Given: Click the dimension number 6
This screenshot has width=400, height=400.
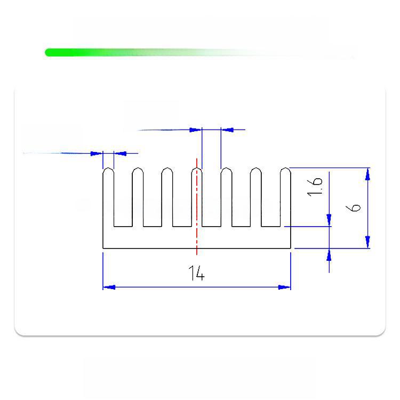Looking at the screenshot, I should click(356, 205).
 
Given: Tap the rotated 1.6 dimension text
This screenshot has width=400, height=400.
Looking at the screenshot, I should click(315, 186).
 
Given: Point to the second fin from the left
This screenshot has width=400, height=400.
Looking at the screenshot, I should click(138, 197).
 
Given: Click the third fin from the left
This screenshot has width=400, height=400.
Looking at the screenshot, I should click(167, 197).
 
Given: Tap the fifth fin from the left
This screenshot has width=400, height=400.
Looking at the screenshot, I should click(226, 197).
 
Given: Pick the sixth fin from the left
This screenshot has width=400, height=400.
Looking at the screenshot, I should click(255, 197).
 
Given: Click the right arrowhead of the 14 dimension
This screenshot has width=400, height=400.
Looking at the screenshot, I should click(285, 287).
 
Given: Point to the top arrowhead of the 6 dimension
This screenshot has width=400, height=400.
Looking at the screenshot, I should click(367, 173).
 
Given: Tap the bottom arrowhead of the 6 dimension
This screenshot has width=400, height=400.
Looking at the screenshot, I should click(367, 243).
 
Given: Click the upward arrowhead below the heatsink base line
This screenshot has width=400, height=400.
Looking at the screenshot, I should click(329, 254).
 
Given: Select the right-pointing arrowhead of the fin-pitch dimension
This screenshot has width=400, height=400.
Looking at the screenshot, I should click(196, 130).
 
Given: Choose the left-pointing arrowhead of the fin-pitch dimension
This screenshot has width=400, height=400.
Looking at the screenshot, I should click(227, 130).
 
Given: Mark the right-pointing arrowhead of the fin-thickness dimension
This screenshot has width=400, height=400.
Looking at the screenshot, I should click(97, 154).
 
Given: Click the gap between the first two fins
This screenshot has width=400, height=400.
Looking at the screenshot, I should click(123, 203).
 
